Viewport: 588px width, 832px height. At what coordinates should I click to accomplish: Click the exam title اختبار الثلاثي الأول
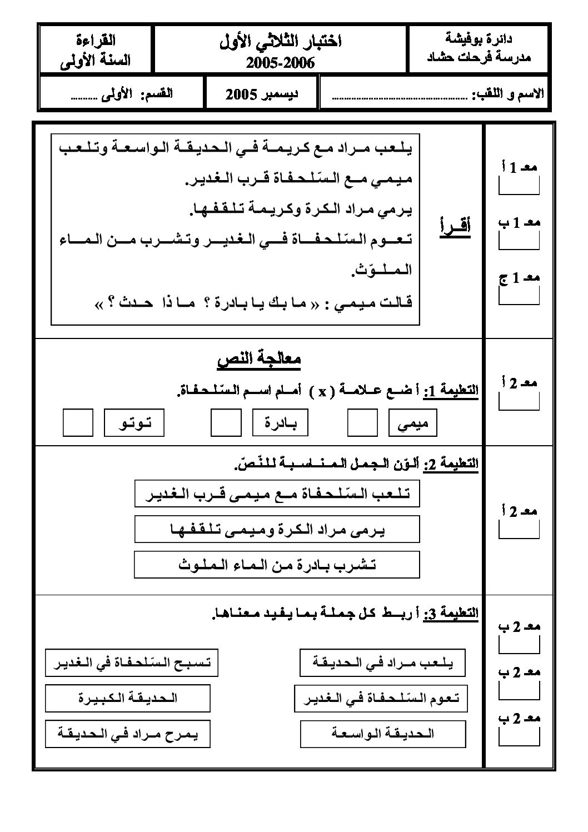point(281,41)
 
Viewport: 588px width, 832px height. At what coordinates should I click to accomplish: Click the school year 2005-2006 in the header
point(281,63)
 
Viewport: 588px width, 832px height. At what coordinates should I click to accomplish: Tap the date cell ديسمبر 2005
point(262,94)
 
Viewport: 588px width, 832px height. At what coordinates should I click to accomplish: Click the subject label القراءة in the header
point(96,40)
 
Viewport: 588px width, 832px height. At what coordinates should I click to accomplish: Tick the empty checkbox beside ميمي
point(362,422)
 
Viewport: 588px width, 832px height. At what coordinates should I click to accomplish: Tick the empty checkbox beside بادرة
point(226,422)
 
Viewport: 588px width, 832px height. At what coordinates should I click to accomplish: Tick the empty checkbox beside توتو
point(78,422)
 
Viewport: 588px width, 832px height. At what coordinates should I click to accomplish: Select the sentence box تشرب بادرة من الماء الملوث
point(277,565)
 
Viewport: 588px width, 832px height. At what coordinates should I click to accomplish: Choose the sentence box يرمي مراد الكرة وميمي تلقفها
point(277,529)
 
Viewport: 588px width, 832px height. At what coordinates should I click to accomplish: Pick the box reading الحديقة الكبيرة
point(127,698)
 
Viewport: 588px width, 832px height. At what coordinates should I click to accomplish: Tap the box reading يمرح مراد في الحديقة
point(127,734)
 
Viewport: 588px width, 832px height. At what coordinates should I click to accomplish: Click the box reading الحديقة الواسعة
point(382,734)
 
